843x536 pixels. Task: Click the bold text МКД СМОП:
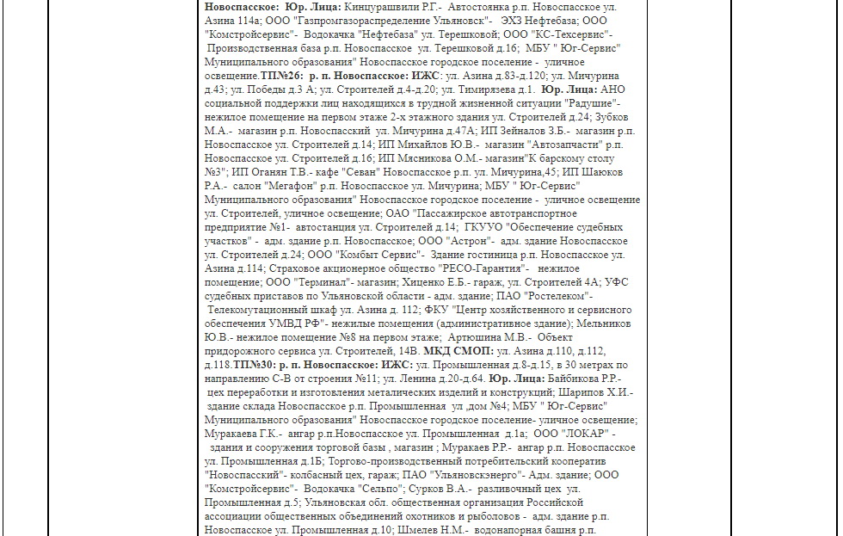pyautogui.click(x=458, y=351)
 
